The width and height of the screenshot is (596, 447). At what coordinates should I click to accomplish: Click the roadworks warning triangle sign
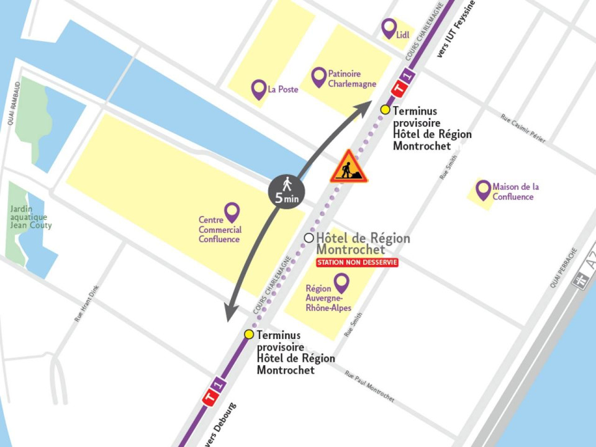348,168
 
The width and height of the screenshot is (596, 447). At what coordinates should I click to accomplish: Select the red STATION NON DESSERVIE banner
357,263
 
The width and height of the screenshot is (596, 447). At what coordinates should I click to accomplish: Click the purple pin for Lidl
389,28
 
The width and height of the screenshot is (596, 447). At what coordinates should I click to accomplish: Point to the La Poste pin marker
259,89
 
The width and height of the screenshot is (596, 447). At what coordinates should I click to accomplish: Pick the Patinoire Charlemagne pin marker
318,76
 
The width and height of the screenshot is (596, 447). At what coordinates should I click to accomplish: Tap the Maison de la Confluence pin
483,189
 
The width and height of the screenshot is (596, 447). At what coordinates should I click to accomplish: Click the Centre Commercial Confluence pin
232,212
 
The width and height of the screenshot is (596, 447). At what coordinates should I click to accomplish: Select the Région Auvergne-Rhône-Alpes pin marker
341,282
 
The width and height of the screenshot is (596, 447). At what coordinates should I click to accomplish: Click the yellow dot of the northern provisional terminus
385,110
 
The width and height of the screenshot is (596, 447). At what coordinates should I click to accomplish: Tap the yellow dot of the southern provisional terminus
249,334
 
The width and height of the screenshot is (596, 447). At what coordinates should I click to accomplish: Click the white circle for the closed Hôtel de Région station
309,238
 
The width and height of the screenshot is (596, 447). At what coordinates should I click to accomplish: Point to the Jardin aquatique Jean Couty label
30,217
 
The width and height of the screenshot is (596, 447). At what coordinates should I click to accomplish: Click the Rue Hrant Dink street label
87,303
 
